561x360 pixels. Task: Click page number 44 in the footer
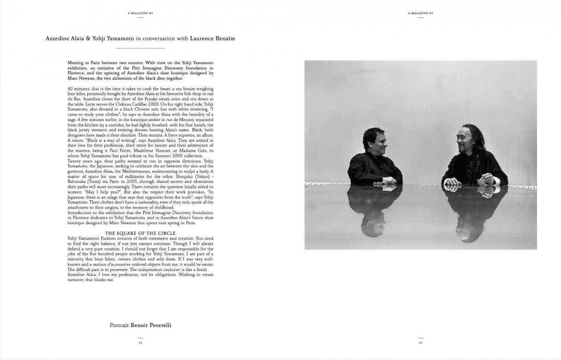pos(140,343)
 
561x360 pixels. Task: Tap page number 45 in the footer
pos(420,343)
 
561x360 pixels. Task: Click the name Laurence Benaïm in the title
pos(212,39)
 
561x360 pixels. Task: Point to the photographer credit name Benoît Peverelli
pos(151,325)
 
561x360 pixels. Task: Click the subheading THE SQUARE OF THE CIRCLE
pos(140,233)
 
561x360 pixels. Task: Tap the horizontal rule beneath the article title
pos(140,48)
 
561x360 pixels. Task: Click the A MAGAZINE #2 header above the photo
pos(420,13)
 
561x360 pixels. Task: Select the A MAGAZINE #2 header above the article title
pos(140,13)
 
